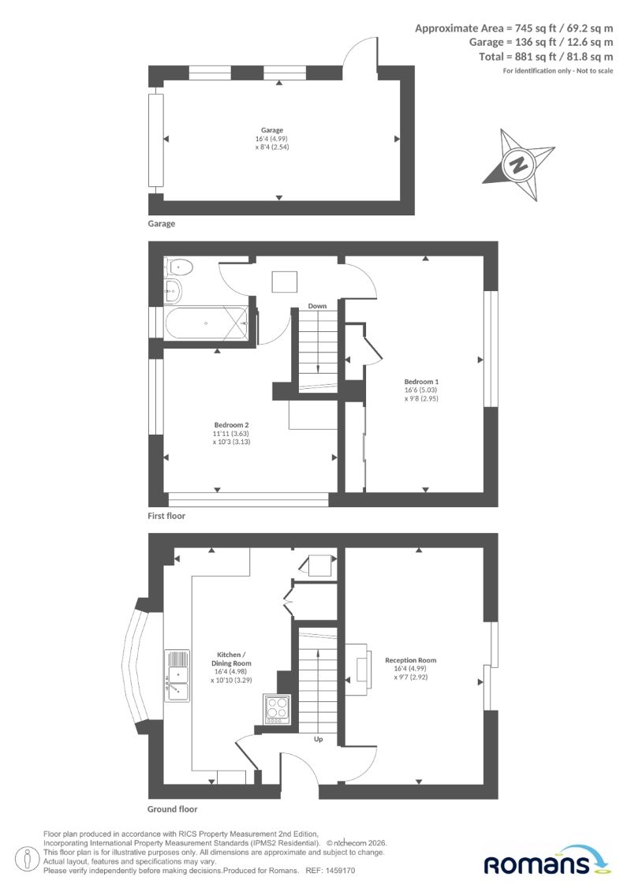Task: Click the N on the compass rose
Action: click(x=518, y=166)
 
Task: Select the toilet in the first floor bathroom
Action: click(x=179, y=266)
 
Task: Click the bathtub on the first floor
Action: click(x=207, y=323)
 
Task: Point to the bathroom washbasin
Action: click(x=173, y=291)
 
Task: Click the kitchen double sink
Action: click(x=177, y=676)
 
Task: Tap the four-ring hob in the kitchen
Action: click(x=277, y=709)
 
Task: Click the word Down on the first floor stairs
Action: click(x=318, y=306)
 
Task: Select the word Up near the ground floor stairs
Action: click(x=319, y=739)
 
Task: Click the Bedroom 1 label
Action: click(x=422, y=382)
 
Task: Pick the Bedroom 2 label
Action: click(x=232, y=425)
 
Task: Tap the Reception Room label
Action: click(x=411, y=660)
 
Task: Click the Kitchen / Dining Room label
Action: click(x=232, y=659)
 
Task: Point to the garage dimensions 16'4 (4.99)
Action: click(x=272, y=139)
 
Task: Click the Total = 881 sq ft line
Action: click(x=547, y=56)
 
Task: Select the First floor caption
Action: click(x=166, y=516)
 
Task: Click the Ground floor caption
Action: click(x=173, y=809)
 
